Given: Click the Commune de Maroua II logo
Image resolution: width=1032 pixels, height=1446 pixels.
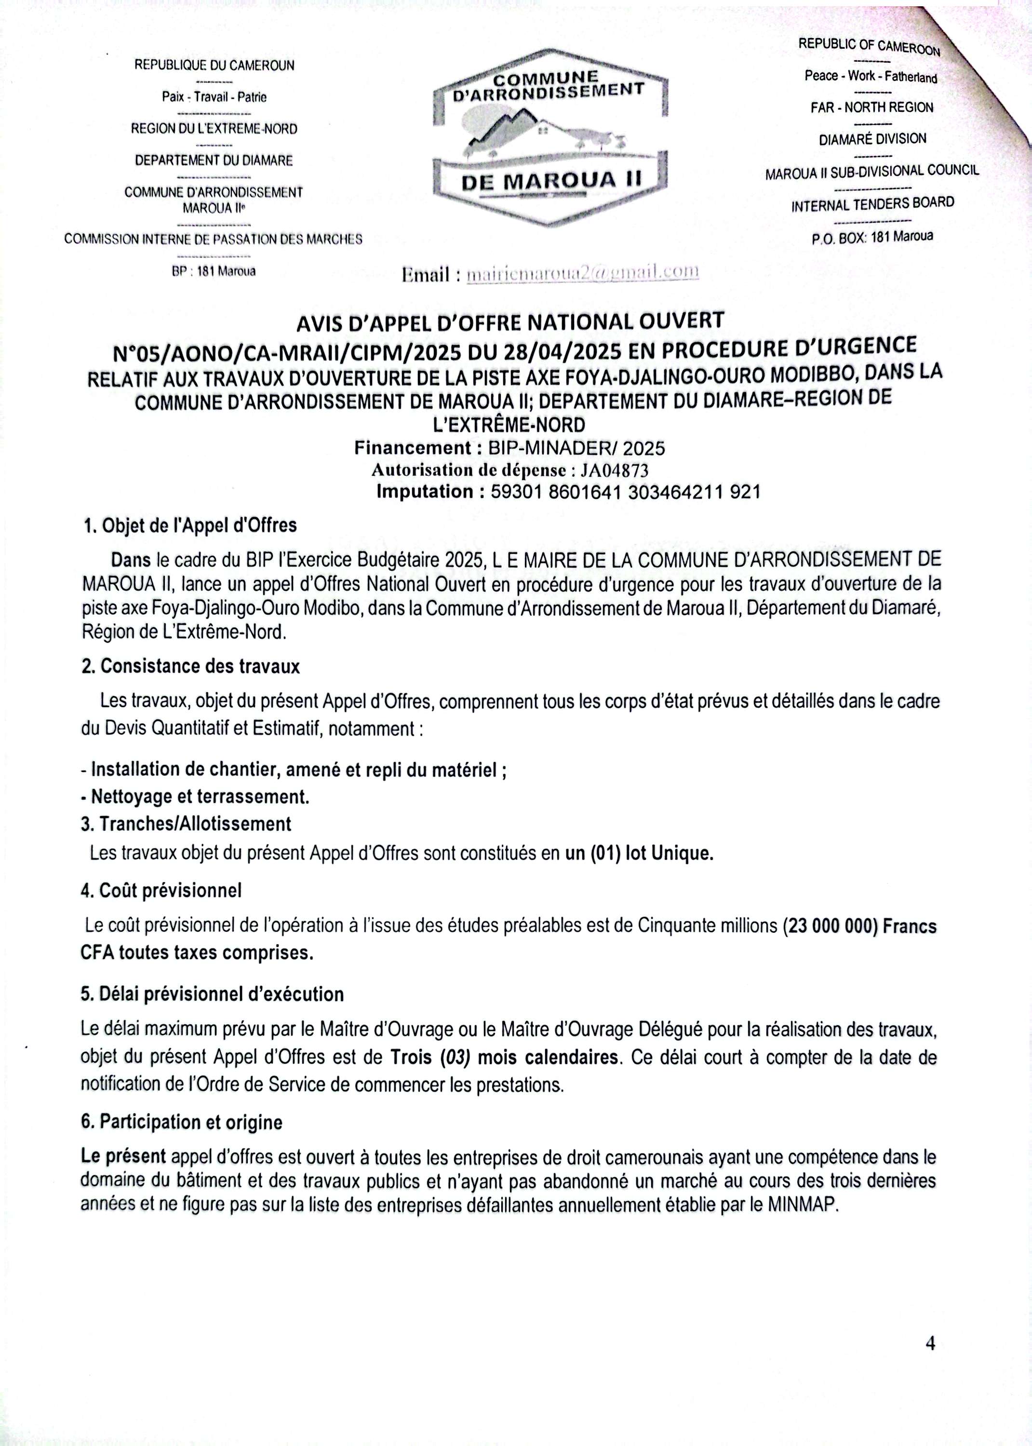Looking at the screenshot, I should pos(550,136).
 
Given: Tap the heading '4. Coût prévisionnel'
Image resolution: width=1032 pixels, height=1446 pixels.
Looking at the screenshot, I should pos(161,890).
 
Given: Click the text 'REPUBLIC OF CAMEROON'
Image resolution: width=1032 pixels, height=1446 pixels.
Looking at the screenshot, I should pos(869,46).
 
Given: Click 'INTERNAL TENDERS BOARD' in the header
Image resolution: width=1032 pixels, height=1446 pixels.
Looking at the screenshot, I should pos(872,204).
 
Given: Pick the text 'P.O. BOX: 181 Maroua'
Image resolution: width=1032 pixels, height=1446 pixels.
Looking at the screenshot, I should pos(872,238).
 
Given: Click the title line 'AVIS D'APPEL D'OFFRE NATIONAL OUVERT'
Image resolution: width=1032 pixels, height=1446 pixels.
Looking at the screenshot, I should pos(510,321).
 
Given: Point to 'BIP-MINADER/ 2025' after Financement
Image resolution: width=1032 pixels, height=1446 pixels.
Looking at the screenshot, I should pos(576,449).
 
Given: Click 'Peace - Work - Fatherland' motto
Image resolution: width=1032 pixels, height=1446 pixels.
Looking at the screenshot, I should pos(871,76).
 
